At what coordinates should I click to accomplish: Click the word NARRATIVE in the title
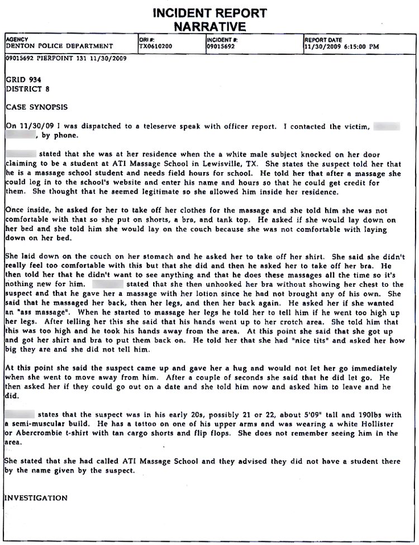[x=209, y=26]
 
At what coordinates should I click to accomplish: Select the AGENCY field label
[x=16, y=40]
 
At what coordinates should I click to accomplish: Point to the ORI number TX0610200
[x=155, y=46]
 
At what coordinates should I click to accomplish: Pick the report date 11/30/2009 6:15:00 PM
[x=341, y=46]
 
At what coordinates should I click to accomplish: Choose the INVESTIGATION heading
[x=36, y=497]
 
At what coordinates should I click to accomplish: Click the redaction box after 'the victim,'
[x=387, y=126]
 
